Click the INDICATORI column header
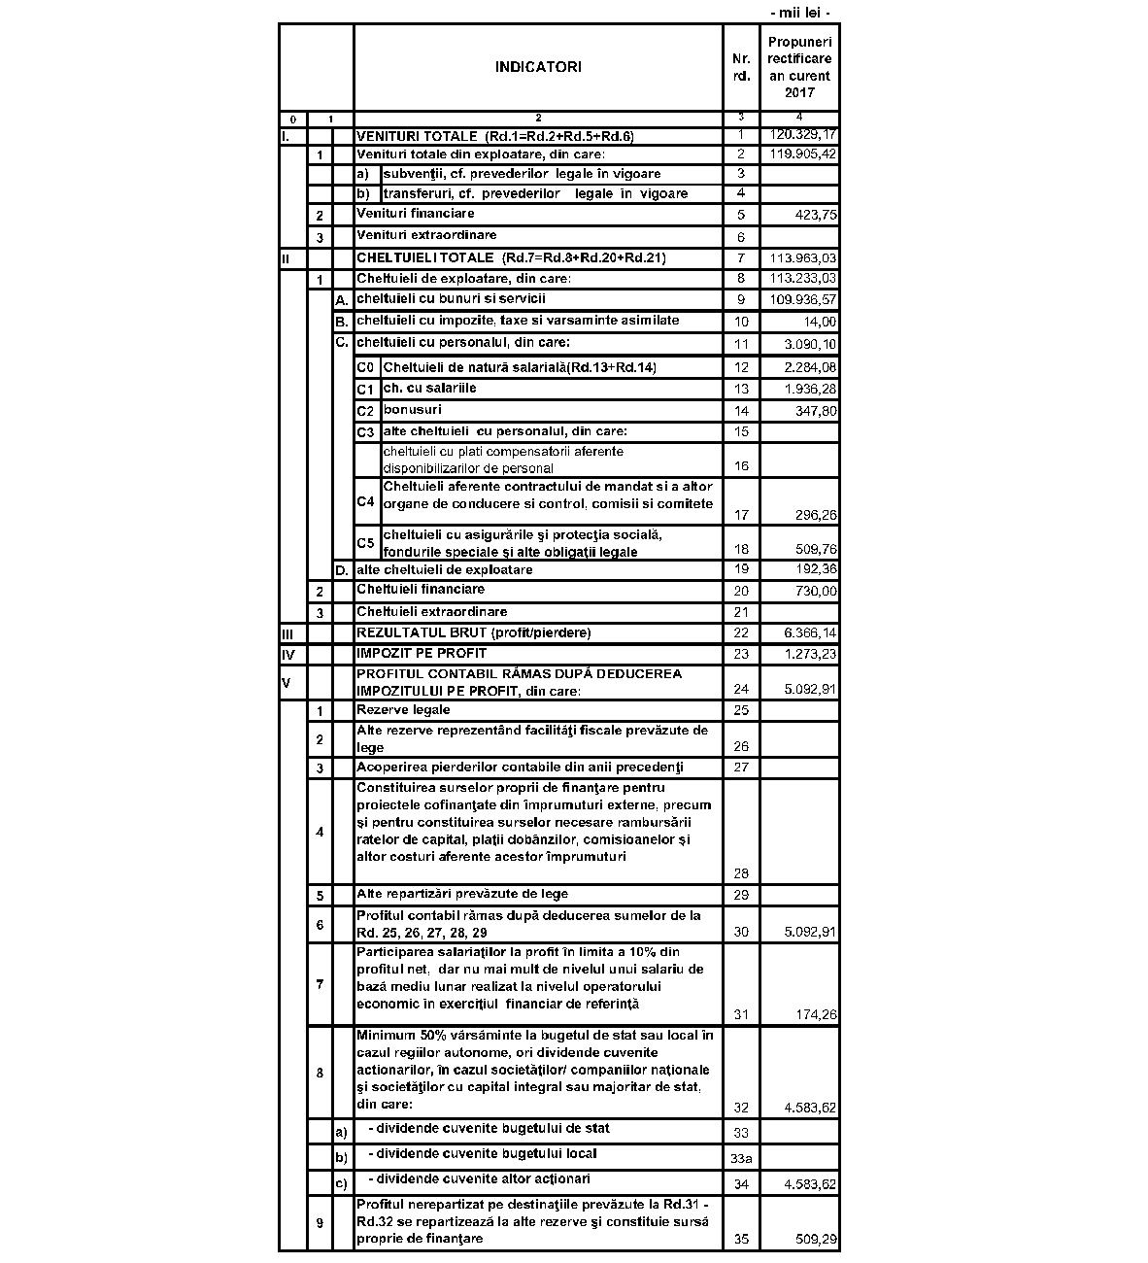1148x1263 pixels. pyautogui.click(x=538, y=67)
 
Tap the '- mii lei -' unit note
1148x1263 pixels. pyautogui.click(x=799, y=13)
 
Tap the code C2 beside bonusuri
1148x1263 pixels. pyautogui.click(x=365, y=411)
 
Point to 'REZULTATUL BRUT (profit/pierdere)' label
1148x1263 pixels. pyautogui.click(x=473, y=633)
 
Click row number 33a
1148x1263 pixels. pyautogui.click(x=741, y=1158)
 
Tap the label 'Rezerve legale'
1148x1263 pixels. pyautogui.click(x=403, y=710)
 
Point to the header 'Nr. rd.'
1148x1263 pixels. pyautogui.click(x=741, y=67)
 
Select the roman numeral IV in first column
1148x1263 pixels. pyautogui.click(x=287, y=655)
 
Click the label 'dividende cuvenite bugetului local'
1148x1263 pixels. pyautogui.click(x=483, y=1154)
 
